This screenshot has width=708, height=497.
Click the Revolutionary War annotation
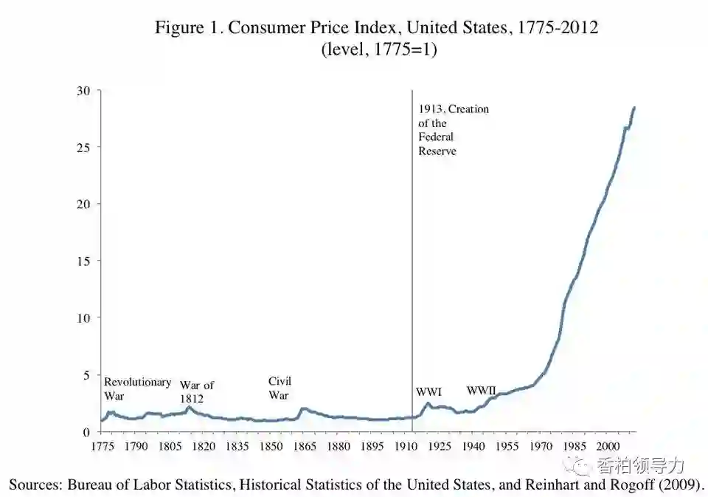click(137, 389)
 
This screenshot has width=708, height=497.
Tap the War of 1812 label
click(197, 392)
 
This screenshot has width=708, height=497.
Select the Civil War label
click(280, 388)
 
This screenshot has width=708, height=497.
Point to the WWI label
click(428, 392)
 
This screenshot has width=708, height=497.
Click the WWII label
click(481, 391)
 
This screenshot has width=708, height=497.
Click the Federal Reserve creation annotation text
click(453, 130)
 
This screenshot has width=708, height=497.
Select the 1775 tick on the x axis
click(102, 447)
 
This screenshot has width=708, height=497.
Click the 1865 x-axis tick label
click(305, 447)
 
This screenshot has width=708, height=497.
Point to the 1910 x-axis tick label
click(406, 447)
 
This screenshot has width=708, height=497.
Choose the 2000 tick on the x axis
click(608, 447)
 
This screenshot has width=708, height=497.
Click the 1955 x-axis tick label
click(507, 447)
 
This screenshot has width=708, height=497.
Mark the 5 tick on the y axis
click(86, 375)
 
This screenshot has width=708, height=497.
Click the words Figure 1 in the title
click(187, 28)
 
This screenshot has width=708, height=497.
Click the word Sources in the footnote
click(34, 484)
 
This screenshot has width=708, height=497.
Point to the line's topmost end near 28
click(634, 108)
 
